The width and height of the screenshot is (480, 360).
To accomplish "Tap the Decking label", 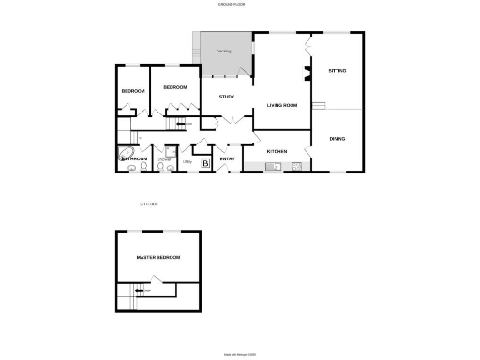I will pos(223,51).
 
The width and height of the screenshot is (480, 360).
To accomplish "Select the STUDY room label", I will pos(226,97).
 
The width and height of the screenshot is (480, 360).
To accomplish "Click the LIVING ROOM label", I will pos(282,105).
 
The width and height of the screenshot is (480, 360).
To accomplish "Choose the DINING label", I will pos(337,138).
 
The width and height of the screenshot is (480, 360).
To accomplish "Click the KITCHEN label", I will pos(277,151).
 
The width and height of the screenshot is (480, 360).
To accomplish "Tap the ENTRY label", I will pos(227,159).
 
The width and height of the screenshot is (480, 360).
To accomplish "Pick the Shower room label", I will pos(164,159).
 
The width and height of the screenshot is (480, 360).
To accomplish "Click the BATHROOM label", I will pos(134,159).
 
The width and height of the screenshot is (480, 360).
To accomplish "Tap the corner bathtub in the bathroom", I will pos(124,154).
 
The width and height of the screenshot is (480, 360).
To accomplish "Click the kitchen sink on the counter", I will pos(273,167).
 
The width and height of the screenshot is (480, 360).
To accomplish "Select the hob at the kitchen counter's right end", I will pos(296,167).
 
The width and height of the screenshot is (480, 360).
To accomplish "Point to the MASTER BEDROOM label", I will pos(157,257).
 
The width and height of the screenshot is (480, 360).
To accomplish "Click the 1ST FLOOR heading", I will pos(148,204).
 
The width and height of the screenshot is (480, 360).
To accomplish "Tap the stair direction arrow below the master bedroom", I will pos(141,291).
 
